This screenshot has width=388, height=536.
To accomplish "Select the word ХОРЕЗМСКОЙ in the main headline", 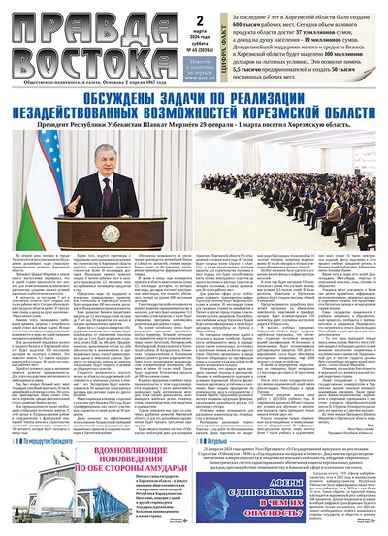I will [281, 119].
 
